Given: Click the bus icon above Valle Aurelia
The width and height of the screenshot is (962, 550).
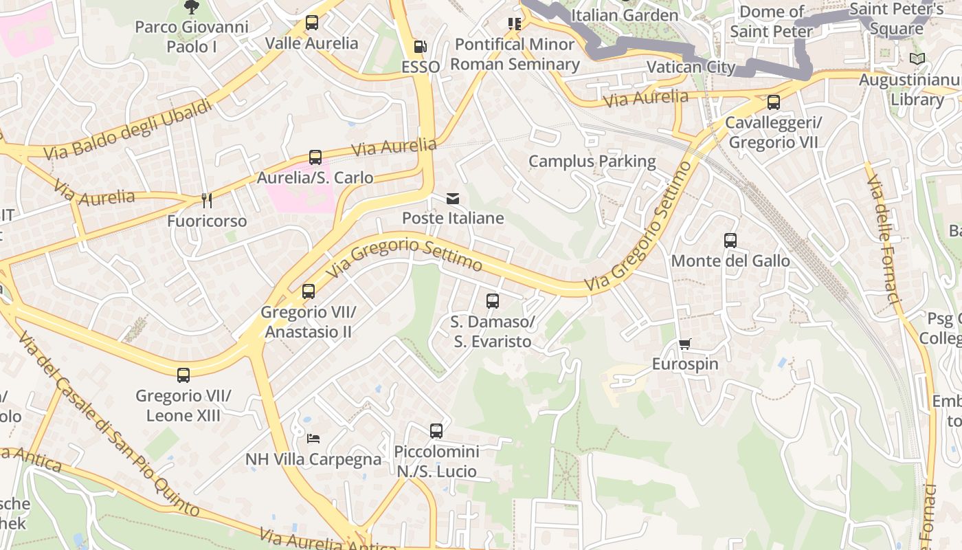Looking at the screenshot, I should (312, 23).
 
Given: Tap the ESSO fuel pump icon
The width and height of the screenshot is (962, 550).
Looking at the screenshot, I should (420, 47).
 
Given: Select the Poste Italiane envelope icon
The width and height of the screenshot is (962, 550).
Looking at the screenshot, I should (453, 199).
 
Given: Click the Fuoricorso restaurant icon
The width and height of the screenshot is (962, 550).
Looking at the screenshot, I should (206, 200).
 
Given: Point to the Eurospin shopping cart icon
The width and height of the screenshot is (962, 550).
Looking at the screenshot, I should (684, 344).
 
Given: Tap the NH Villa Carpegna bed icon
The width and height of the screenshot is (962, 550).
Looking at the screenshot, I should (313, 438).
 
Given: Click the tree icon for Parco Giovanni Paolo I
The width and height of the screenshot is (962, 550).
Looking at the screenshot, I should (191, 8).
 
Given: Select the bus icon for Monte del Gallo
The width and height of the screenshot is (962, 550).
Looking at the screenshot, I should (730, 241).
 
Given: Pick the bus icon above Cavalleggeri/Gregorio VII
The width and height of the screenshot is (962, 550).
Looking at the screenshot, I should (774, 102).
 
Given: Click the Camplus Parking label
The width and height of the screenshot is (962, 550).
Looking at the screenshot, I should (592, 162).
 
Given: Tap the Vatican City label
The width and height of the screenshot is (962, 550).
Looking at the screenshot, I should (691, 67).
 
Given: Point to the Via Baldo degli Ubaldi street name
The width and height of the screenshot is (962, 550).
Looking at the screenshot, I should (128, 130).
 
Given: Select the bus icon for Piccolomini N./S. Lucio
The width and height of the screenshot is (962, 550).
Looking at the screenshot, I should (436, 431).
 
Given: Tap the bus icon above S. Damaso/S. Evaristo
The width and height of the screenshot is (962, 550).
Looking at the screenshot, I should (493, 301).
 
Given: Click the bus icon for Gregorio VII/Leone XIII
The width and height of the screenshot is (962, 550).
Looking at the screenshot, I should (183, 375).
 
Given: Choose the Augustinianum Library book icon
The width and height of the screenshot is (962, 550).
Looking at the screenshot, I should (917, 59).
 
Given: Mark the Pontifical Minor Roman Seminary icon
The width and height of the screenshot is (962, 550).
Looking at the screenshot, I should (515, 24).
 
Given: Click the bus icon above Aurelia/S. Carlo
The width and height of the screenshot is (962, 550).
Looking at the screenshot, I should (315, 157).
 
